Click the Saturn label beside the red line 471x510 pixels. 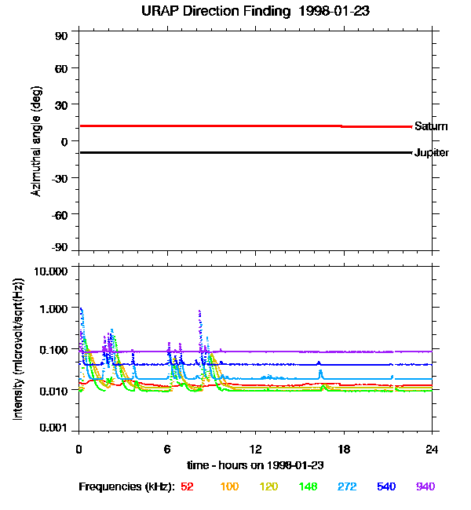(431, 126)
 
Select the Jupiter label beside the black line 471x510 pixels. (432, 153)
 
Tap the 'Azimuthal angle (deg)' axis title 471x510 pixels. (36, 142)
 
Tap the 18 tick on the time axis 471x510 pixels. (343, 450)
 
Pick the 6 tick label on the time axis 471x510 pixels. (166, 450)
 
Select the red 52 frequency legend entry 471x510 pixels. (187, 487)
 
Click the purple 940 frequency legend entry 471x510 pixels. (425, 487)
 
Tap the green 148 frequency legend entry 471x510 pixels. (307, 487)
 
